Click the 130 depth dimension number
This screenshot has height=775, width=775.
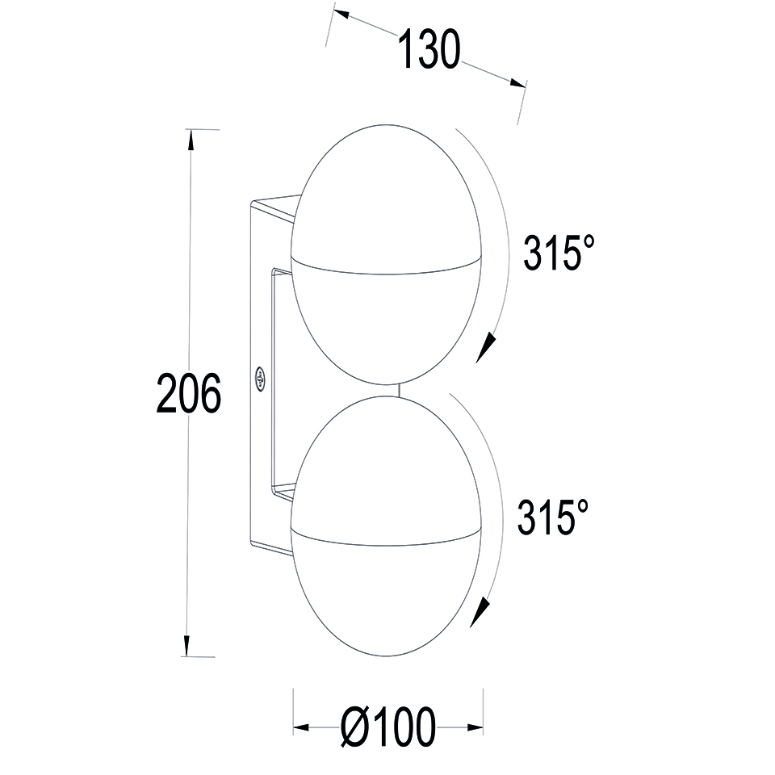[429, 50]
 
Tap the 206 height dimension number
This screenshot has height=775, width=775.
[189, 393]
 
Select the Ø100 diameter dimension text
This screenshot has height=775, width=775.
[389, 727]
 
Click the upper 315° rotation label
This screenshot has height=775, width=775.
[559, 253]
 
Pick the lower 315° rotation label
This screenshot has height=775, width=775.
[552, 517]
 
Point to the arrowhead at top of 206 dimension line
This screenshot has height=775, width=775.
[190, 140]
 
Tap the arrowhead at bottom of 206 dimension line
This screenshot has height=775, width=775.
[186, 646]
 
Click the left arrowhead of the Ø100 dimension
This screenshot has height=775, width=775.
[301, 727]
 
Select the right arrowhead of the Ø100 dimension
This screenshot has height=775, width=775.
[475, 727]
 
